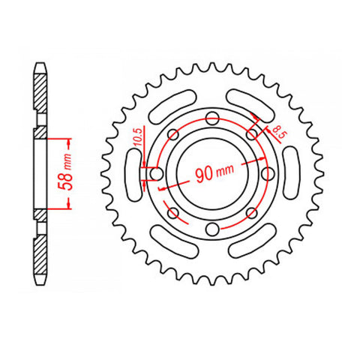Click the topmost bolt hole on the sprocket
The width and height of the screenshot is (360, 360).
(213, 118)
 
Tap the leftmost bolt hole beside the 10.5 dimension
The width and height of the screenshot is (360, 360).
(157, 174)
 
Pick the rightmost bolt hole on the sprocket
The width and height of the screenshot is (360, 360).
(269, 174)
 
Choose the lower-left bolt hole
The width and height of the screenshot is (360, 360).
(173, 214)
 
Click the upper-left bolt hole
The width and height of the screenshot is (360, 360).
(173, 134)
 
